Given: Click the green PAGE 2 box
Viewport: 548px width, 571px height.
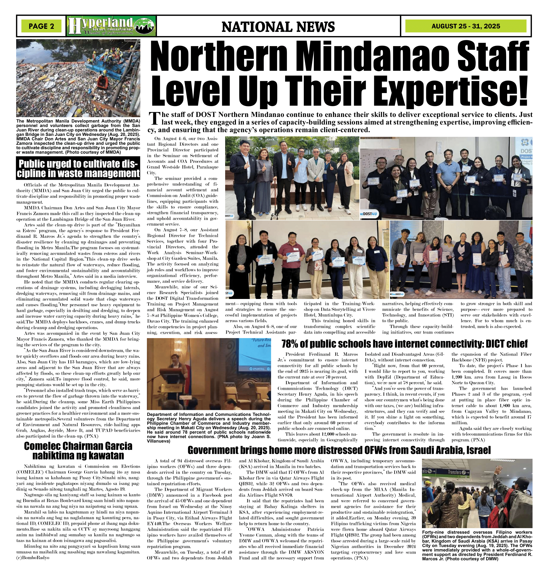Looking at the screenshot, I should click(x=41, y=26).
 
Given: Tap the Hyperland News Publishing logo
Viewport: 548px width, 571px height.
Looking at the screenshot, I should click(x=111, y=26).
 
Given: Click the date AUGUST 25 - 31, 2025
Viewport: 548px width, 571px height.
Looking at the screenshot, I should click(x=466, y=26).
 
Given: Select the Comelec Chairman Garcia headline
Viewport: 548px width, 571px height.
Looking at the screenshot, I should click(x=78, y=450).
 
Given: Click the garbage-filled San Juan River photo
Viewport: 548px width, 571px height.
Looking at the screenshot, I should click(x=78, y=78).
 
